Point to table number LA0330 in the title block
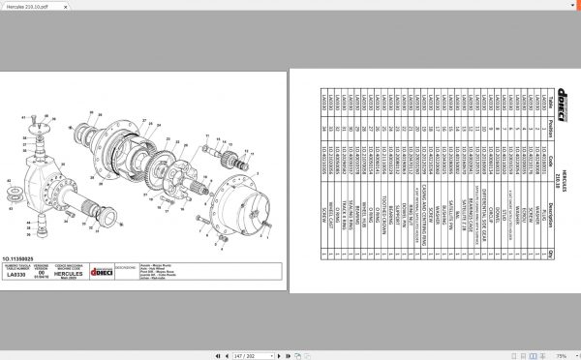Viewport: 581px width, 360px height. (17, 275)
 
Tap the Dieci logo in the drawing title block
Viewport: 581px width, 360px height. (101, 273)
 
